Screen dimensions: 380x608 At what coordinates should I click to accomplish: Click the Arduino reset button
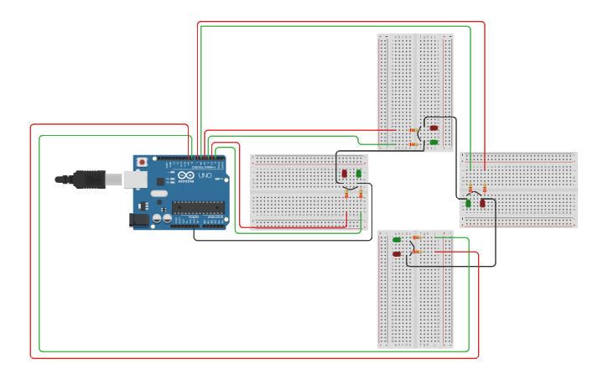tap(142, 161)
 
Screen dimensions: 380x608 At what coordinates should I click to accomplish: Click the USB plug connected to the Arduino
tap(88, 179)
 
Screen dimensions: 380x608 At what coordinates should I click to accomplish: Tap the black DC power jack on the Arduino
tap(138, 220)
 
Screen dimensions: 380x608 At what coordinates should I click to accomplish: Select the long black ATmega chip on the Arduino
tap(198, 206)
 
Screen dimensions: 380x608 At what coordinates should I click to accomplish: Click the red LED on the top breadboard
tap(434, 128)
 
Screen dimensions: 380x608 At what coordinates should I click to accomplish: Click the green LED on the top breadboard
tap(434, 143)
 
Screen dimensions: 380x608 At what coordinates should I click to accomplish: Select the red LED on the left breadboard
tap(344, 174)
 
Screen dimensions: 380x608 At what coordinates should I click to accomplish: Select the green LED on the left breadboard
tap(359, 174)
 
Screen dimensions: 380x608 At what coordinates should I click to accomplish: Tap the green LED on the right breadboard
tap(469, 203)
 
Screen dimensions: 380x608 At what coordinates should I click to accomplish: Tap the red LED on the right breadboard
tap(482, 203)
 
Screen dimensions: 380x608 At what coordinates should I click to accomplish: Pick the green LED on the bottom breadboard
tap(397, 240)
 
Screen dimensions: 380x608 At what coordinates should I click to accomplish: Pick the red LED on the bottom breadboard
tap(397, 253)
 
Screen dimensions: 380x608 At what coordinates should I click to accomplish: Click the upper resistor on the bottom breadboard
tap(416, 237)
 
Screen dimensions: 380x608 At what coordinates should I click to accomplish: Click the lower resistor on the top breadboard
tap(413, 144)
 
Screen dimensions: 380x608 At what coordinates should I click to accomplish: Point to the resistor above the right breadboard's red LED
tap(484, 189)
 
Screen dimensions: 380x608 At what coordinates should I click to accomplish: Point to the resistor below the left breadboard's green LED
tap(361, 195)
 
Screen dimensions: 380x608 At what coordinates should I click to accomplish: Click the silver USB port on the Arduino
tap(135, 179)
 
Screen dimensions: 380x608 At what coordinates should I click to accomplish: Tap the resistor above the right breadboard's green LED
tap(470, 189)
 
